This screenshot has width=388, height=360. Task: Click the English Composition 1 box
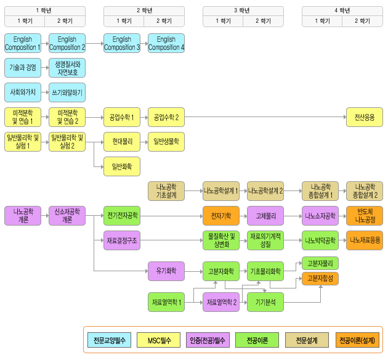tap(23, 43)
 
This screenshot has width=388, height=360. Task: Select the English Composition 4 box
tap(166, 43)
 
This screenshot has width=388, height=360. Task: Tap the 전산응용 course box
tap(364, 117)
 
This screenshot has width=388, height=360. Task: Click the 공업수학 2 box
tap(166, 117)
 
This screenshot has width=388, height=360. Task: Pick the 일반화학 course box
tap(121, 166)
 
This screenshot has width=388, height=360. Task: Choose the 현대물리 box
tap(121, 141)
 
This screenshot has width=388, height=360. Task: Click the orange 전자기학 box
tap(220, 216)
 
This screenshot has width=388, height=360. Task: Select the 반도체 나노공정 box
tap(364, 216)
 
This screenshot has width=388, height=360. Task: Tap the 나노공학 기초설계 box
tap(166, 191)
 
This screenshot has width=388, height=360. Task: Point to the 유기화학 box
tap(166, 270)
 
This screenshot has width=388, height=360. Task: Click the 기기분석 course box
tap(265, 302)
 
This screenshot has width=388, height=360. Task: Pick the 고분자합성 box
tap(320, 278)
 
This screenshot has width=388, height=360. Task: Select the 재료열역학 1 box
tap(166, 302)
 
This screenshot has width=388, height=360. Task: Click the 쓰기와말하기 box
tap(67, 92)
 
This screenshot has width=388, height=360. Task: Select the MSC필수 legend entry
tap(158, 340)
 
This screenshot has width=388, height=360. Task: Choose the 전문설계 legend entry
tap(306, 340)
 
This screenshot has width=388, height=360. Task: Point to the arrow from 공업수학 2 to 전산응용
tap(265, 117)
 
